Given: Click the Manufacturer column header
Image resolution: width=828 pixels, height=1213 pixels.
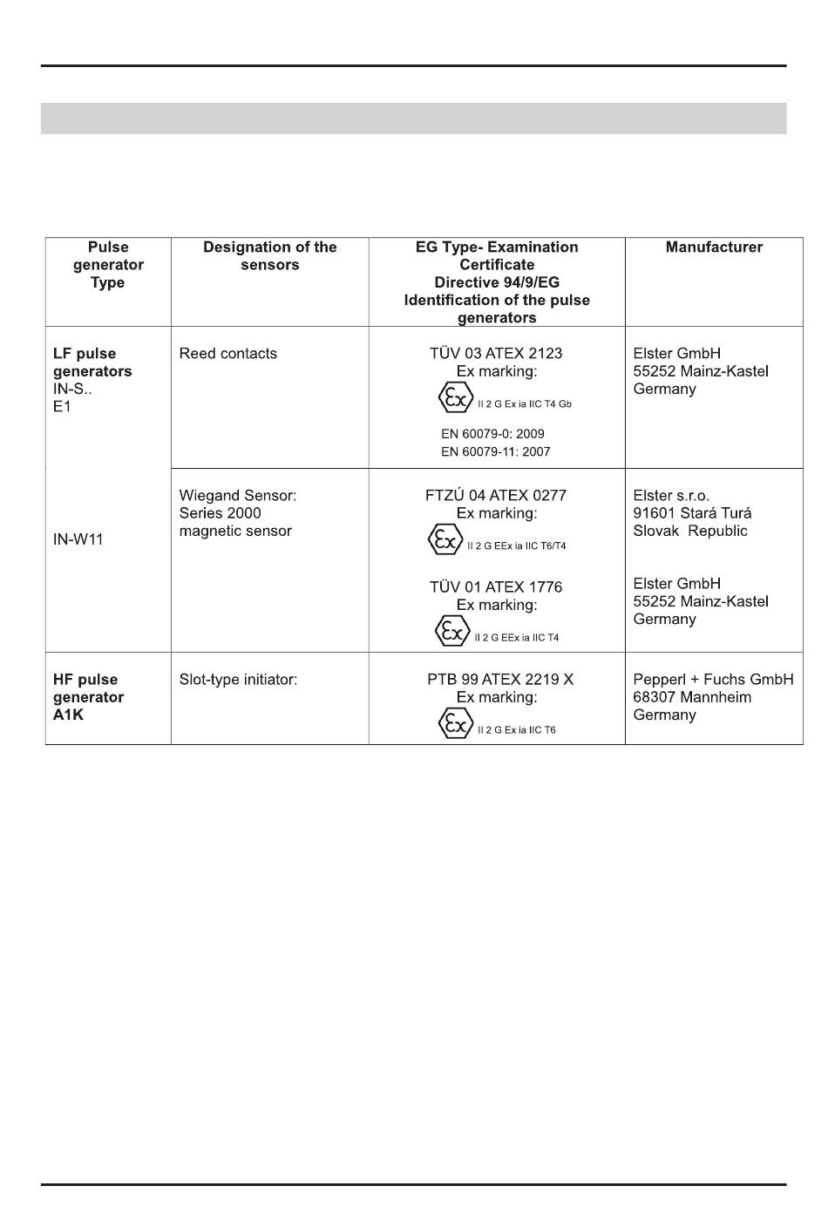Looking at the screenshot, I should (x=713, y=247).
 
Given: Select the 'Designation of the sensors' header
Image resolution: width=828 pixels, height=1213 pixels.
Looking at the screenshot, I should (x=269, y=256).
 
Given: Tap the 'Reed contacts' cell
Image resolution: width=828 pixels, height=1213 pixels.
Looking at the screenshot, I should (x=227, y=354).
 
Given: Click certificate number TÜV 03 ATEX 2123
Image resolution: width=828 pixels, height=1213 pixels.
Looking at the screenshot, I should (x=495, y=354).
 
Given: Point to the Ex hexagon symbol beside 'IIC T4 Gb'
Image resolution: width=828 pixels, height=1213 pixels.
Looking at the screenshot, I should (x=455, y=399).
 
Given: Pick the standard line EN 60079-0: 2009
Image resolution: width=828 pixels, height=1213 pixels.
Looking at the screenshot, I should (x=492, y=434).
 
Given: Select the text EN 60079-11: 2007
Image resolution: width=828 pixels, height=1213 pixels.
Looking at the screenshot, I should (x=495, y=451).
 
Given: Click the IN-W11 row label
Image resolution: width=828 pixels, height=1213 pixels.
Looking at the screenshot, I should (x=78, y=539).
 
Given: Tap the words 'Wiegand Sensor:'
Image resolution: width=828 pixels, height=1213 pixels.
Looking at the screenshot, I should (x=237, y=496).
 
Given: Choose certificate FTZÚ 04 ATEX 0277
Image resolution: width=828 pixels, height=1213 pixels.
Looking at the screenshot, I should (x=495, y=496).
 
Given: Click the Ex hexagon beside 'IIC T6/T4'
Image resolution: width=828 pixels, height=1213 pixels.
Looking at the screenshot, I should (x=445, y=540).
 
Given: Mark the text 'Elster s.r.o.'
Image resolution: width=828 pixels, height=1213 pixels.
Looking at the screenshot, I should (x=671, y=496).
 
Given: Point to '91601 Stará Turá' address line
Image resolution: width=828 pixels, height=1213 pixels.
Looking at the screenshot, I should (x=692, y=513).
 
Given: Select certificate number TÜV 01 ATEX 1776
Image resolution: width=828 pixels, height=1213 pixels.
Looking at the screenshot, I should (x=495, y=587).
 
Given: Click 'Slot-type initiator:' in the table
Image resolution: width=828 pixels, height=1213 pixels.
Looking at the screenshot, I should (x=238, y=680).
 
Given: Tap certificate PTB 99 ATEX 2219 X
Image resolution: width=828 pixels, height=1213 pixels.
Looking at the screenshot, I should (x=499, y=680).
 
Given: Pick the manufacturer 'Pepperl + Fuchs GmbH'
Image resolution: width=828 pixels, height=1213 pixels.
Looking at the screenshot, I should (x=713, y=680).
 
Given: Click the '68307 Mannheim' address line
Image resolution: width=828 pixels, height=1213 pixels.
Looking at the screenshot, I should (x=692, y=697).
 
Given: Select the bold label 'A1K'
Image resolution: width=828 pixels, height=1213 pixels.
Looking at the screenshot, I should (x=68, y=715).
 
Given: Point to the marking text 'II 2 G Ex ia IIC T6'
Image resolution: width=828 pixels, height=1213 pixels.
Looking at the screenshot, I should (x=516, y=730).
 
